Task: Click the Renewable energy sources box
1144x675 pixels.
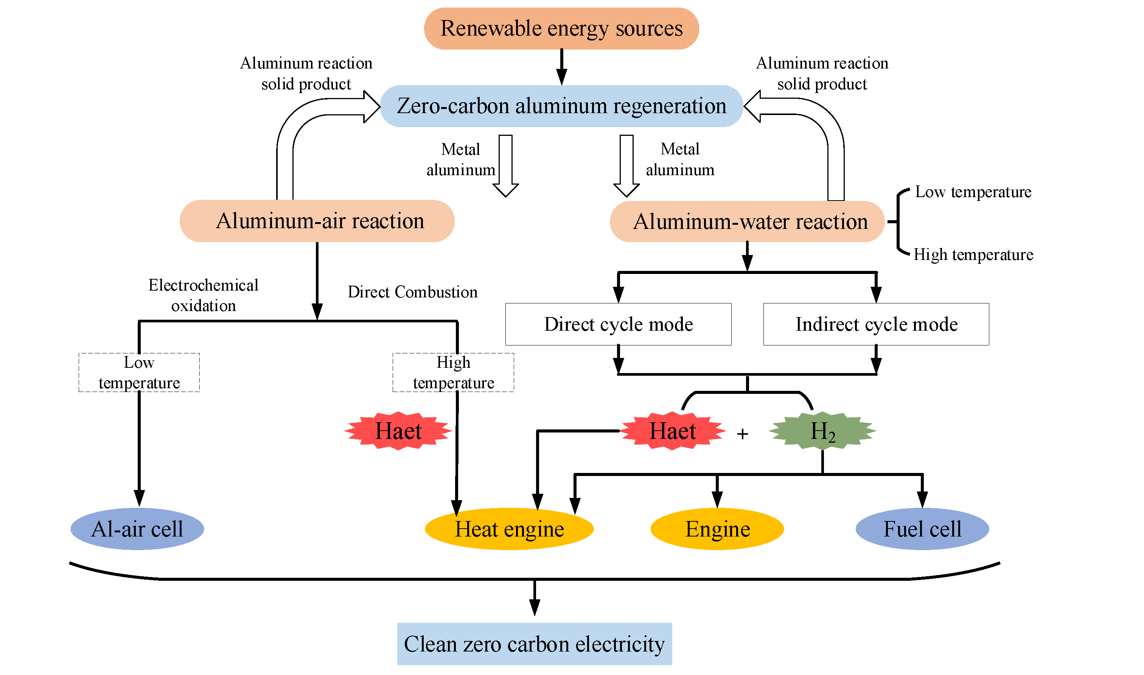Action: (x=561, y=29)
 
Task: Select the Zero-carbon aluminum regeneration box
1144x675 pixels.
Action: (x=561, y=106)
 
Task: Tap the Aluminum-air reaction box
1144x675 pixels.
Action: (x=317, y=221)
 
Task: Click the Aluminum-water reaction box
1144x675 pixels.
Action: (x=747, y=221)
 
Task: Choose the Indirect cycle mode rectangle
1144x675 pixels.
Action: (x=876, y=324)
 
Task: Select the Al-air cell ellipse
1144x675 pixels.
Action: (x=137, y=529)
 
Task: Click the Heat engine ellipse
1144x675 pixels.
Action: (x=509, y=529)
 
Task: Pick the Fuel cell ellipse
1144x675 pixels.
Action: (x=922, y=529)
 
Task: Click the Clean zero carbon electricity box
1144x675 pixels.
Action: (x=534, y=644)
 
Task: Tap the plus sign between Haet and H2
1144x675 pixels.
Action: (x=742, y=434)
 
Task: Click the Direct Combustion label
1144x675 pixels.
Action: (x=412, y=292)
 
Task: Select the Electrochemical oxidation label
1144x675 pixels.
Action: (x=203, y=295)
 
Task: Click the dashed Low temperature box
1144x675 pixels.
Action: (x=139, y=373)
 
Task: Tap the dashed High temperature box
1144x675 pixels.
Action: (x=453, y=373)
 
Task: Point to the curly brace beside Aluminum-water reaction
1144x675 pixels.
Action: (x=898, y=221)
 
